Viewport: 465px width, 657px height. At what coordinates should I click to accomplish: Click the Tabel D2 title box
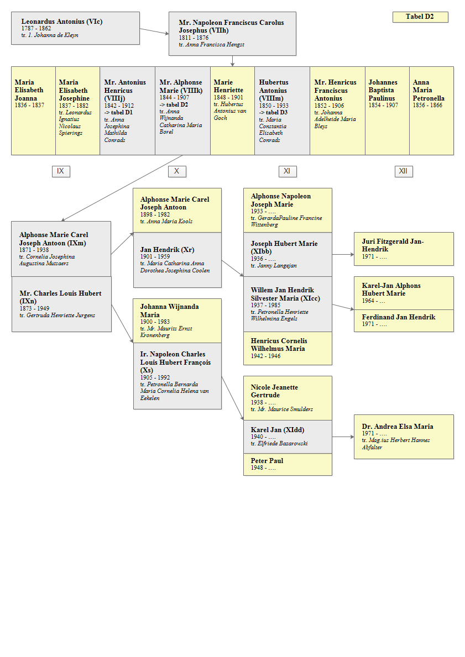(420, 17)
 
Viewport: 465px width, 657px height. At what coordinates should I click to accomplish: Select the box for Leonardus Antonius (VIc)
(76, 28)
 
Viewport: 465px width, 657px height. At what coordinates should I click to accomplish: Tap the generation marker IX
(61, 171)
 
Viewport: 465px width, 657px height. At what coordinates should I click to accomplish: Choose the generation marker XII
(404, 171)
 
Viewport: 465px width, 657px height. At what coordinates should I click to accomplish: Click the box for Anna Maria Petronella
(431, 111)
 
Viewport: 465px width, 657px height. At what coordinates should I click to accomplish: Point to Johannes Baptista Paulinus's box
(387, 111)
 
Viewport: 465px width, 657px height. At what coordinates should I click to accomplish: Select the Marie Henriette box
(232, 111)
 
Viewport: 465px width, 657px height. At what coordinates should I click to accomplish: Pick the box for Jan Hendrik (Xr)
(177, 260)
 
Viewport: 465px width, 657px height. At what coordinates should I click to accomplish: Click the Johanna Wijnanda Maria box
(177, 321)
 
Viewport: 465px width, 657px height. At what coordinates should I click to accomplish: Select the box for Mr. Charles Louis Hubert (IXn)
(61, 304)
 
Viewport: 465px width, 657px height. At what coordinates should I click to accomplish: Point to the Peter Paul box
(288, 464)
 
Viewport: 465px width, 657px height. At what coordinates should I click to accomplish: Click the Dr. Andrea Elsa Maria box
(404, 437)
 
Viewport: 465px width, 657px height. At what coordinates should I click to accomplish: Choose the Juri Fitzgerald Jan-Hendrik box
(404, 249)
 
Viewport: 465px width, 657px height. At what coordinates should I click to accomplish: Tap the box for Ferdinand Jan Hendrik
(404, 321)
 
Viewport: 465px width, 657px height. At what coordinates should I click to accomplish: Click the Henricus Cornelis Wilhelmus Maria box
(288, 348)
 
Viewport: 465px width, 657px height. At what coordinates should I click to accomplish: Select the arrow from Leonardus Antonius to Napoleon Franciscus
(154, 31)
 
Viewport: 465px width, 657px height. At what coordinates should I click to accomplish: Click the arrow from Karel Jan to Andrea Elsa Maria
(343, 437)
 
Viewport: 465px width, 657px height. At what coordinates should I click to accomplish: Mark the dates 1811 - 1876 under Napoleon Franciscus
(194, 38)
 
